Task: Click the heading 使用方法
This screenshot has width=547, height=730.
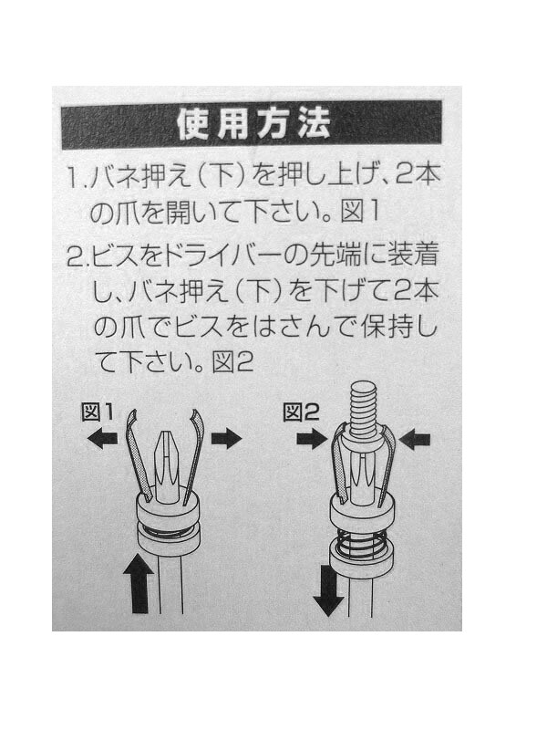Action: (x=253, y=124)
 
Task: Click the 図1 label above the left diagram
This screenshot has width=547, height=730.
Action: (x=98, y=412)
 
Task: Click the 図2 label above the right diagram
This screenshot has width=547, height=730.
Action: (x=302, y=412)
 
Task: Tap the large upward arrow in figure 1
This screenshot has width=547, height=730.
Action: (x=139, y=583)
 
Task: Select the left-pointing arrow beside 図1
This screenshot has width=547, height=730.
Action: (x=102, y=439)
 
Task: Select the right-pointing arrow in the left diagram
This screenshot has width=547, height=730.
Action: (x=227, y=439)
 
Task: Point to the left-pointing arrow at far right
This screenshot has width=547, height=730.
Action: (x=415, y=439)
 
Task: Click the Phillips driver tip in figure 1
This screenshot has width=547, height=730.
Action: (x=167, y=465)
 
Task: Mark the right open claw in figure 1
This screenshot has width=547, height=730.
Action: (x=194, y=454)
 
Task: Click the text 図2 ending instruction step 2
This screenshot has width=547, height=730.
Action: (x=232, y=361)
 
